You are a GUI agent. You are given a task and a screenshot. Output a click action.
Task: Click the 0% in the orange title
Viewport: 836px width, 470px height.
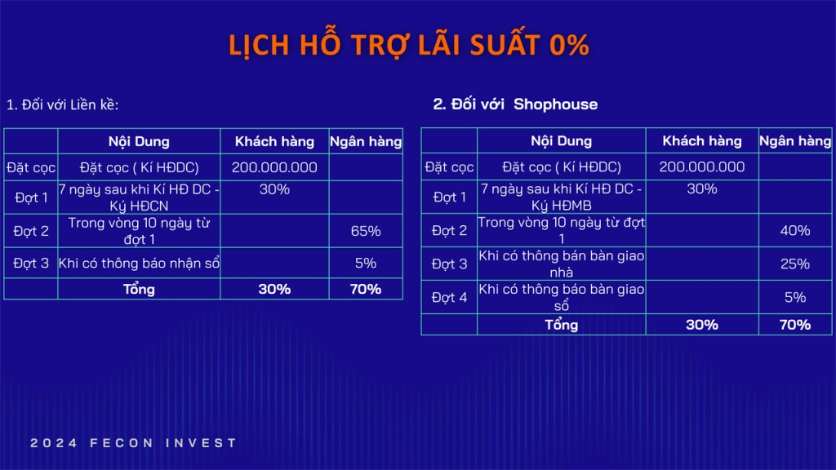click(x=569, y=45)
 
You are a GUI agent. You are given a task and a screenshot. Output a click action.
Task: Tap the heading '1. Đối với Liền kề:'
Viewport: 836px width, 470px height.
click(x=62, y=104)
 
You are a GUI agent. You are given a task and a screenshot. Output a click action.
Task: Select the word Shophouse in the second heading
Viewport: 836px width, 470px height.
click(x=555, y=104)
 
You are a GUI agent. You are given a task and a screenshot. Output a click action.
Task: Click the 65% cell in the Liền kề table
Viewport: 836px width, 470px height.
click(x=366, y=231)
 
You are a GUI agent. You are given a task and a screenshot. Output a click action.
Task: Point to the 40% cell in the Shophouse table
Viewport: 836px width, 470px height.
click(x=795, y=230)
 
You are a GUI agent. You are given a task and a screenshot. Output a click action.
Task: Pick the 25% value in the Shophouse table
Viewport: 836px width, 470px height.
click(x=795, y=264)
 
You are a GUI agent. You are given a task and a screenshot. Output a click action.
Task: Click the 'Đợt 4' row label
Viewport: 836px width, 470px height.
click(x=449, y=297)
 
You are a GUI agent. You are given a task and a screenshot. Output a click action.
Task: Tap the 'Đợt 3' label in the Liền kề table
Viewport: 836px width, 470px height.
click(x=31, y=264)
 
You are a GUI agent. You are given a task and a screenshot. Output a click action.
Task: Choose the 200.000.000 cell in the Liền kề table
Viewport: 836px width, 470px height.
click(x=274, y=167)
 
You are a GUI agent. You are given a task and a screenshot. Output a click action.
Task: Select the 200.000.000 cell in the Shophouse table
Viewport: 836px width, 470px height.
click(x=701, y=166)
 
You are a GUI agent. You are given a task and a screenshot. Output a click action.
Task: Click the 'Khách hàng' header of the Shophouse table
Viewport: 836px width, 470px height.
click(x=701, y=140)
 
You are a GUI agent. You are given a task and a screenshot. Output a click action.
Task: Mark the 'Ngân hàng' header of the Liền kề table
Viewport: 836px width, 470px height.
click(x=366, y=141)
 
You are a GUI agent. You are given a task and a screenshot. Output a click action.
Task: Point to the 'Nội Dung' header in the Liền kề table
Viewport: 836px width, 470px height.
click(x=139, y=141)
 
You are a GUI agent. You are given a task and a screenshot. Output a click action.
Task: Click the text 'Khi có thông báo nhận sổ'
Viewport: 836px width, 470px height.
click(x=139, y=264)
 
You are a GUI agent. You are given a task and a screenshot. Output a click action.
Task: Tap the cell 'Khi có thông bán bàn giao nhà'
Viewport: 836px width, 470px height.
click(x=562, y=264)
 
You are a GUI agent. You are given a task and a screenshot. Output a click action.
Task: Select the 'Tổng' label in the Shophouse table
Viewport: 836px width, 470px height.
click(x=561, y=325)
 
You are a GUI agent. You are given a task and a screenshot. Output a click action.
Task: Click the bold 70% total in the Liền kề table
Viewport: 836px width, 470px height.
click(x=366, y=289)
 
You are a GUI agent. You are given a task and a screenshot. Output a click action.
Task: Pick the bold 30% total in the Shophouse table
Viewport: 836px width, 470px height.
click(x=701, y=325)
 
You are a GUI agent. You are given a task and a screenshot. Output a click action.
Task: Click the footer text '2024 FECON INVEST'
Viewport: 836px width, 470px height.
click(x=133, y=443)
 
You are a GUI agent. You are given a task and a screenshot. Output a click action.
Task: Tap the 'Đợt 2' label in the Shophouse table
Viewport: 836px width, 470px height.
click(x=449, y=231)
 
